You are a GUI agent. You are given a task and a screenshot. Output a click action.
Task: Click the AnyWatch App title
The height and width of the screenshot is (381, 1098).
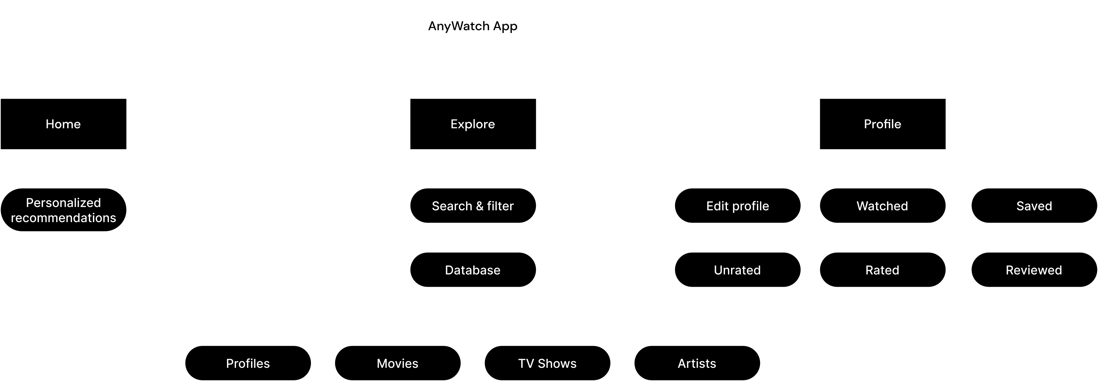click(473, 26)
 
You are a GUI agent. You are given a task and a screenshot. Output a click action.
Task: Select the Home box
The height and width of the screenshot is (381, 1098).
click(63, 124)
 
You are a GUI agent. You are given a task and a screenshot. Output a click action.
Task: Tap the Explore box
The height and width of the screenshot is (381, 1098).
click(473, 124)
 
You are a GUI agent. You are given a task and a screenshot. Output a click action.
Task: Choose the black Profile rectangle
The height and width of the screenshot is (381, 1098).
click(883, 124)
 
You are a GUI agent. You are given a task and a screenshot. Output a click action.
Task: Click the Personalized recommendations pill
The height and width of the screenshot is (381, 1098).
click(63, 210)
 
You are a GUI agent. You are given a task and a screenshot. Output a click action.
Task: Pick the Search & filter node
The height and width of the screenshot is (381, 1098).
click(473, 206)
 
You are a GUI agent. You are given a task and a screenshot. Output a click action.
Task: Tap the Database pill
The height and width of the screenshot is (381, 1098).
click(473, 270)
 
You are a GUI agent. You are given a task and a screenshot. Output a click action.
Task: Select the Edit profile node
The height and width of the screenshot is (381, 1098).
click(738, 206)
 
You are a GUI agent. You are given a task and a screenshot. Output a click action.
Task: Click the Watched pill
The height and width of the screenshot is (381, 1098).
click(883, 206)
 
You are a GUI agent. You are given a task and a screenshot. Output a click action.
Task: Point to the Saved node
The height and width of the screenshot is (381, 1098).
click(1035, 206)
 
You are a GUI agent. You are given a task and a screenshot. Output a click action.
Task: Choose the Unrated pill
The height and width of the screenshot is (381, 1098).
click(738, 270)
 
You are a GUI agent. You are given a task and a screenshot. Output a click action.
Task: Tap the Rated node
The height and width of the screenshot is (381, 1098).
click(883, 270)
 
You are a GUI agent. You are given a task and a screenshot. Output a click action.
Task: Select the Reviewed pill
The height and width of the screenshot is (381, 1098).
click(1035, 270)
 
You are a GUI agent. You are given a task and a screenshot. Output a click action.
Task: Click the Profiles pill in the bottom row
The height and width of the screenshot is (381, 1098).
click(248, 363)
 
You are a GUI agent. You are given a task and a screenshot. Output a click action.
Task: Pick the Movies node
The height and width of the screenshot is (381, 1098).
click(398, 363)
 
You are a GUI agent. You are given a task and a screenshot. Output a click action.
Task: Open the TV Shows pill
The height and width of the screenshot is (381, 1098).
click(548, 363)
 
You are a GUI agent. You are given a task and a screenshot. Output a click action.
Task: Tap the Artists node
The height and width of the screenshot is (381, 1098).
click(697, 363)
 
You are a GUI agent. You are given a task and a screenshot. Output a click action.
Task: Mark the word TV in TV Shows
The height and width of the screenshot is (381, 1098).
click(526, 363)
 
